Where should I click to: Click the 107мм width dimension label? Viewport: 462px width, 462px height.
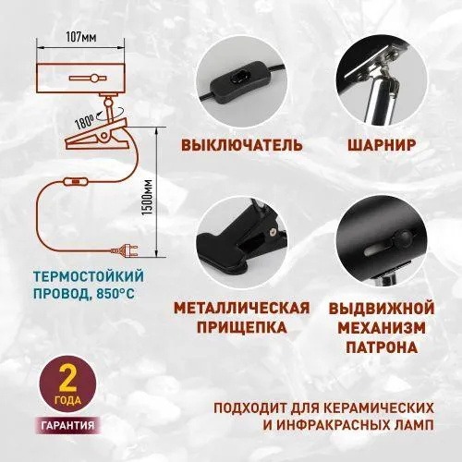tap(81, 37)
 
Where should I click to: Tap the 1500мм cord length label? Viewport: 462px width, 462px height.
tap(149, 197)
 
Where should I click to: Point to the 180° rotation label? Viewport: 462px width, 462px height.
tap(85, 122)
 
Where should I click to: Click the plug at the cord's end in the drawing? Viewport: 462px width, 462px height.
tap(127, 249)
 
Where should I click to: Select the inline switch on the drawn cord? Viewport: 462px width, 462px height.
tap(76, 182)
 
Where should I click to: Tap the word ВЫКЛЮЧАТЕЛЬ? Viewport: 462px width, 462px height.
tap(242, 145)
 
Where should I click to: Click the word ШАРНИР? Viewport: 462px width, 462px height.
tap(382, 145)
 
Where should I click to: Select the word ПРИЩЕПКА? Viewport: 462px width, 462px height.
tap(242, 327)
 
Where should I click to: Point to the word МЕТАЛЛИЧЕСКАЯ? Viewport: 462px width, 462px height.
tap(242, 308)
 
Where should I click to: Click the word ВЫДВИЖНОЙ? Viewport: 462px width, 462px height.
tap(382, 309)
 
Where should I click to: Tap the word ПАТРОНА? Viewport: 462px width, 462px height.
tap(382, 347)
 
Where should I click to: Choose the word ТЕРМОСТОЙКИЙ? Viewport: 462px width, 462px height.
tap(89, 276)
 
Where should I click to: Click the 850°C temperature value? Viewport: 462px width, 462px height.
tap(115, 294)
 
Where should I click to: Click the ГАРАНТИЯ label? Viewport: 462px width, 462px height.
tap(67, 426)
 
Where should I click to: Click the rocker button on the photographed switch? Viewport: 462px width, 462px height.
tap(241, 79)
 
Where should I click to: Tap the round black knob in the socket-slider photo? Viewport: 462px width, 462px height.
tap(403, 237)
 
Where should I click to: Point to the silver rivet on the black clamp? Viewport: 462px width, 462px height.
tap(272, 232)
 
